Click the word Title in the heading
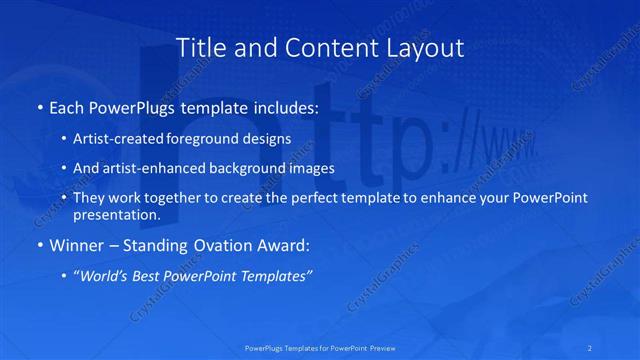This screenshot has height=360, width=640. [200, 47]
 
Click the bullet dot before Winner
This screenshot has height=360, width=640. [38, 245]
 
